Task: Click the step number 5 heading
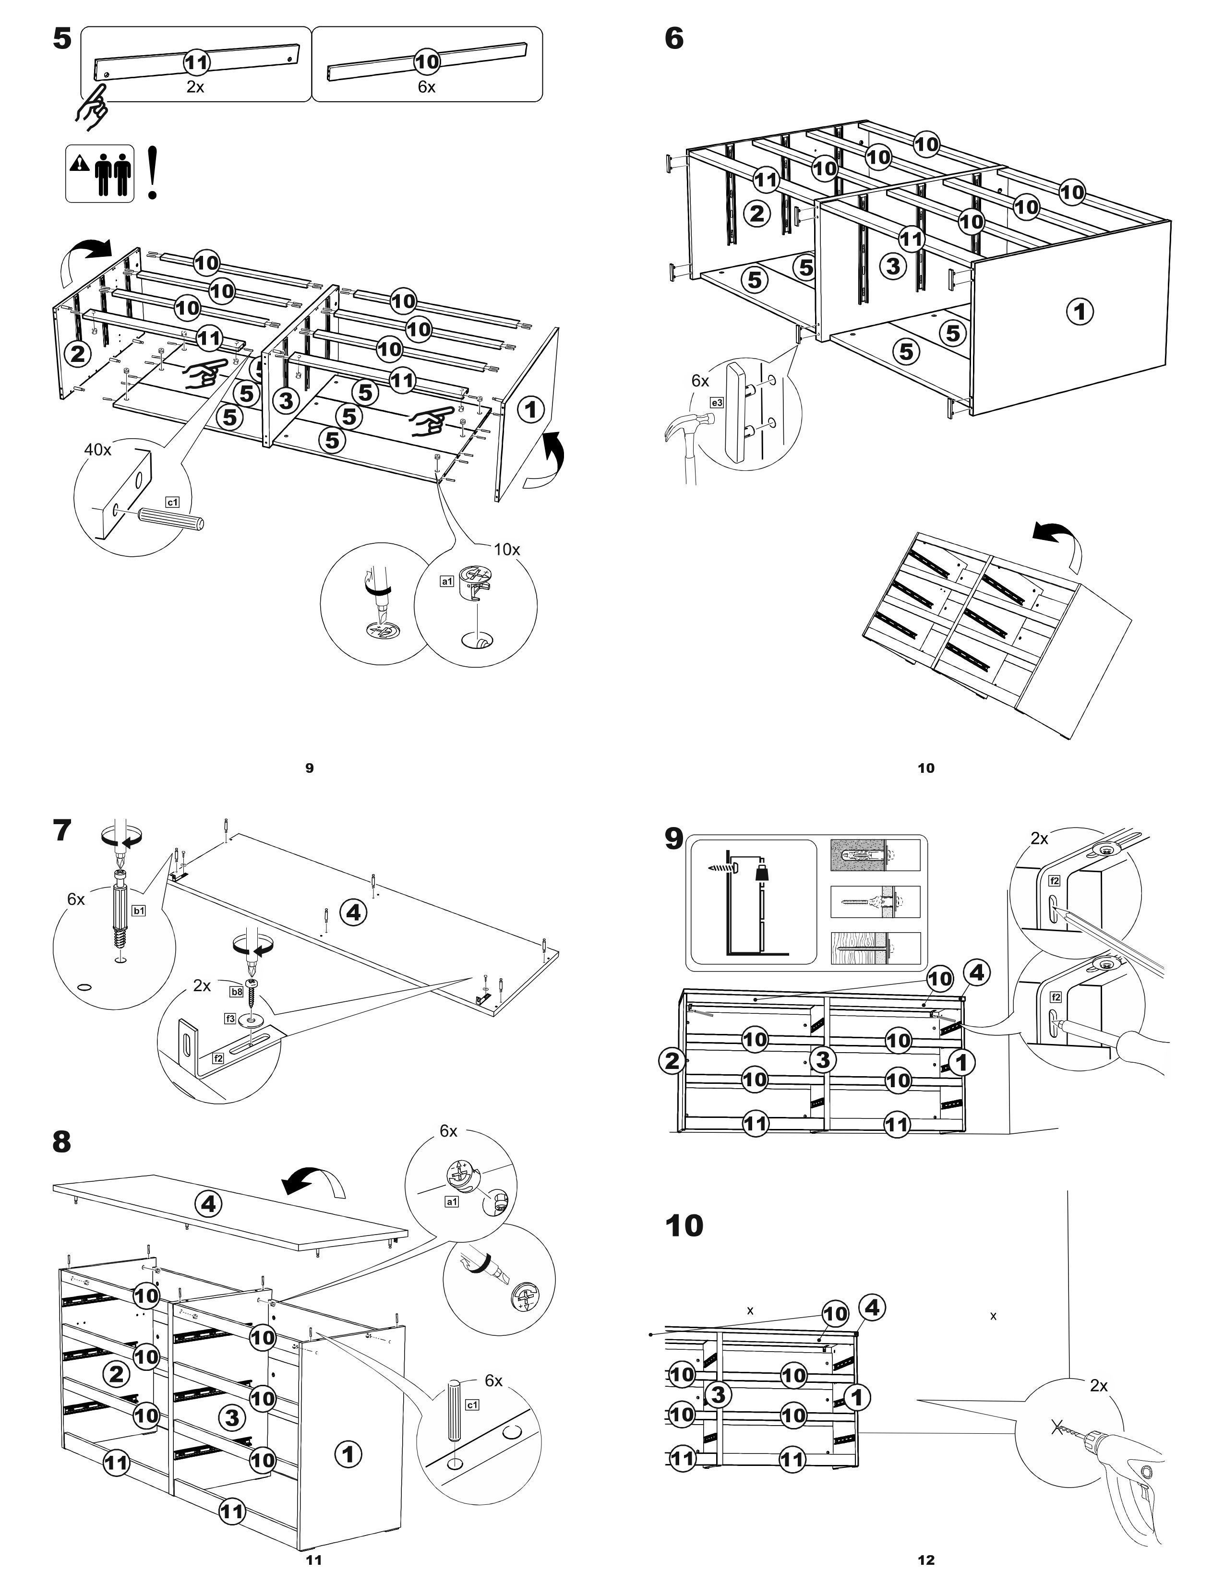tap(62, 38)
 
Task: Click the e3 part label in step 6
tap(717, 402)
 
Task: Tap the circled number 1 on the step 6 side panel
tap(1080, 312)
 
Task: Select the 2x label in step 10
tap(1099, 1386)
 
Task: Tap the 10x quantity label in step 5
tap(507, 549)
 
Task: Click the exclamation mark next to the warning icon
tap(152, 173)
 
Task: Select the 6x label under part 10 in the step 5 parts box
tap(426, 87)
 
